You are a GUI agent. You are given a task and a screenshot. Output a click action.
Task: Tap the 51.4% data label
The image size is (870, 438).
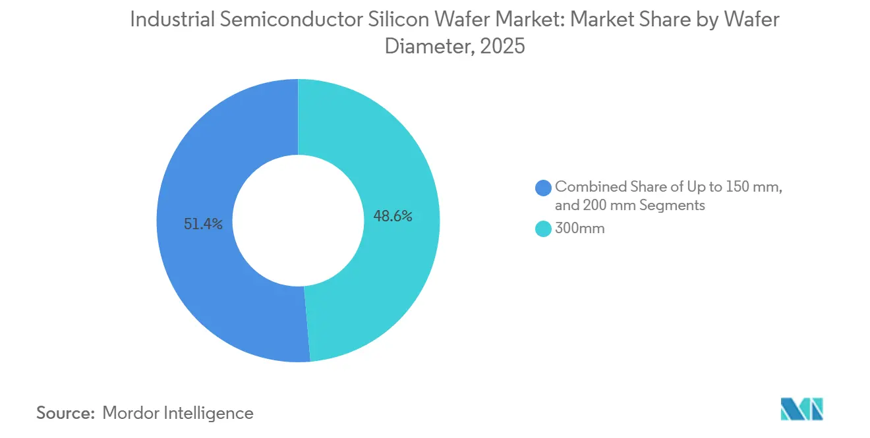(204, 224)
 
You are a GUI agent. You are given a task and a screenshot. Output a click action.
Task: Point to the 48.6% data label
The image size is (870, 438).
(393, 216)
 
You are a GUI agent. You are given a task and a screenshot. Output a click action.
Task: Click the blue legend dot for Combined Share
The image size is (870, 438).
(544, 188)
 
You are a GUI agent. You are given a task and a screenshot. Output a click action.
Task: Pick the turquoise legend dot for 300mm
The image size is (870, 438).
(544, 229)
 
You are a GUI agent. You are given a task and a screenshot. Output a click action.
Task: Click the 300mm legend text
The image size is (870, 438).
(579, 229)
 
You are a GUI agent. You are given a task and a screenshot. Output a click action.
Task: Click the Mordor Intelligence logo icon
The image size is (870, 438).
(802, 408)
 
